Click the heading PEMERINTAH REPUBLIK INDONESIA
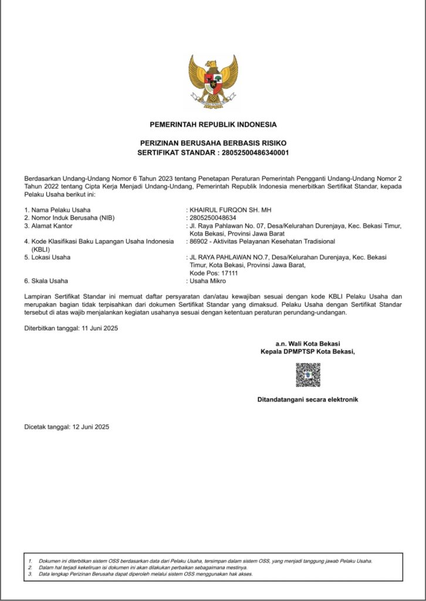213,124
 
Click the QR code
307,375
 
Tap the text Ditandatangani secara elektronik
307,400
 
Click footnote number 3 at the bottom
29,574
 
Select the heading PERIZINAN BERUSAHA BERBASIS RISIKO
213,143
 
